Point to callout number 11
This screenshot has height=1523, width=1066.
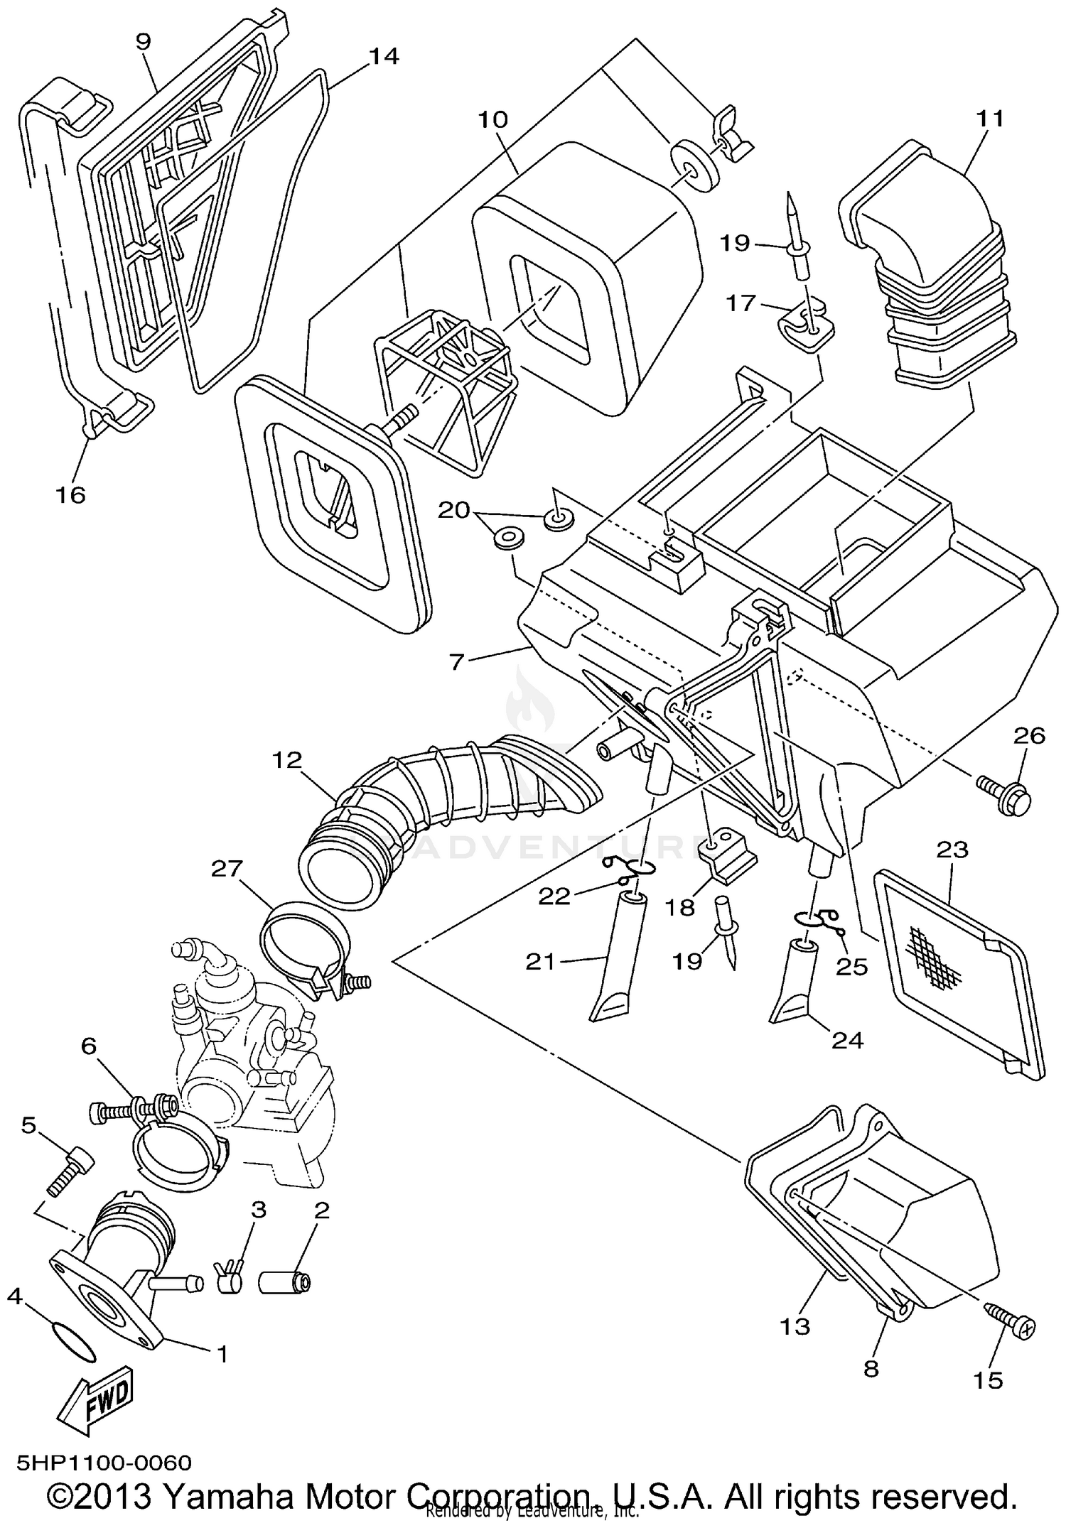[990, 118]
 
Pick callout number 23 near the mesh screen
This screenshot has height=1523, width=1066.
[952, 850]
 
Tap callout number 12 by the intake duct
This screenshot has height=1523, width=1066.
[286, 760]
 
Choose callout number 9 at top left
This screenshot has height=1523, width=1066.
[143, 41]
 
